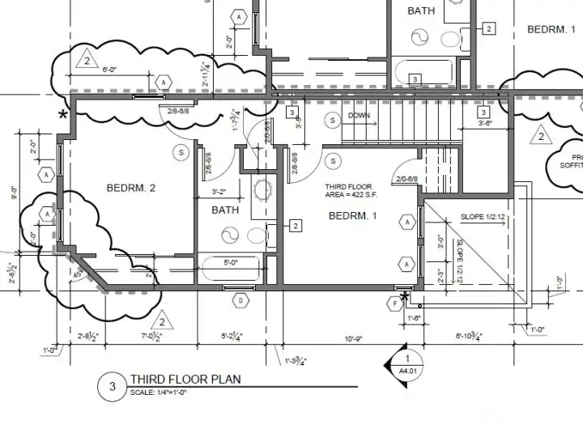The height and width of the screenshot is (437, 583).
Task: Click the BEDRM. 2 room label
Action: [130, 189]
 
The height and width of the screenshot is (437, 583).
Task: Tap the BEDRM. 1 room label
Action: [353, 215]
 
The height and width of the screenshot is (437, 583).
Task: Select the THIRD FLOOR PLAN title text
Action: [185, 379]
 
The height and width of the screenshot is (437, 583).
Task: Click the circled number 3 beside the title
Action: [112, 387]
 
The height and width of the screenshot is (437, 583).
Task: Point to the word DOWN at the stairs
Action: [359, 116]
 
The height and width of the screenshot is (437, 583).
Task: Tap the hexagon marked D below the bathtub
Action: [240, 301]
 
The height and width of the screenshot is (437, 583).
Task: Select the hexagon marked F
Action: [395, 303]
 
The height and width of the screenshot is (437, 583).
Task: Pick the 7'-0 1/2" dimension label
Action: [154, 336]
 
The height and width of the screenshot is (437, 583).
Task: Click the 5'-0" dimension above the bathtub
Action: [231, 261]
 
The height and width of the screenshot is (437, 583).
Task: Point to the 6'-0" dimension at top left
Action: [111, 70]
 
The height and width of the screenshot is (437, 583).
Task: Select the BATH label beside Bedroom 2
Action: [225, 210]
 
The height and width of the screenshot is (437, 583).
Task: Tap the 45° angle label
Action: [79, 273]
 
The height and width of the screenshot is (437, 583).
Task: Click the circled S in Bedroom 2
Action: [181, 152]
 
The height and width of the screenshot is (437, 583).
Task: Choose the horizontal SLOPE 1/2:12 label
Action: [483, 217]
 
